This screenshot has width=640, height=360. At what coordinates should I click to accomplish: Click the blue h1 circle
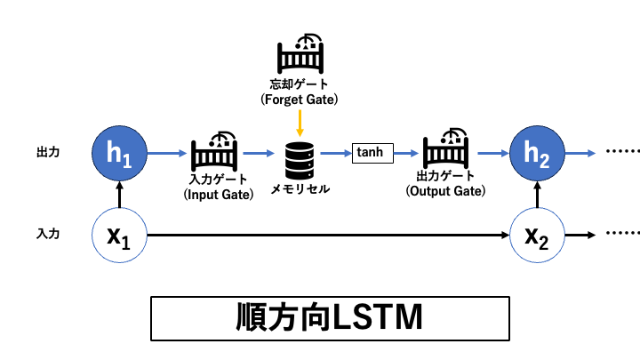[x=118, y=153]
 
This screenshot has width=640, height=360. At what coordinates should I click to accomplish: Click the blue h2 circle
[x=536, y=153]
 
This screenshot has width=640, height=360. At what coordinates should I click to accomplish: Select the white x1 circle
[x=118, y=236]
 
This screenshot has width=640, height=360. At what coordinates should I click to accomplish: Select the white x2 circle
[x=536, y=236]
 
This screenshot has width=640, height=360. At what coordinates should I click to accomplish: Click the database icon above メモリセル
[x=299, y=157]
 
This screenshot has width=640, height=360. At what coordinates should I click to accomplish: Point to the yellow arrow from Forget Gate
[x=300, y=122]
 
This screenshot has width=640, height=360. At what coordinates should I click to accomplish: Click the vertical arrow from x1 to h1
[x=118, y=195]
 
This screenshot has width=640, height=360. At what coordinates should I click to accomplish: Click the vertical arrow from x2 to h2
[x=536, y=195]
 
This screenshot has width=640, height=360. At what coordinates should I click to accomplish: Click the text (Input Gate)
[x=213, y=194]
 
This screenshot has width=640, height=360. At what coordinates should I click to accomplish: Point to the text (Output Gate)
[x=444, y=191]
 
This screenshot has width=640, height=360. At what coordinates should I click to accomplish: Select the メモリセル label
[x=300, y=189]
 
